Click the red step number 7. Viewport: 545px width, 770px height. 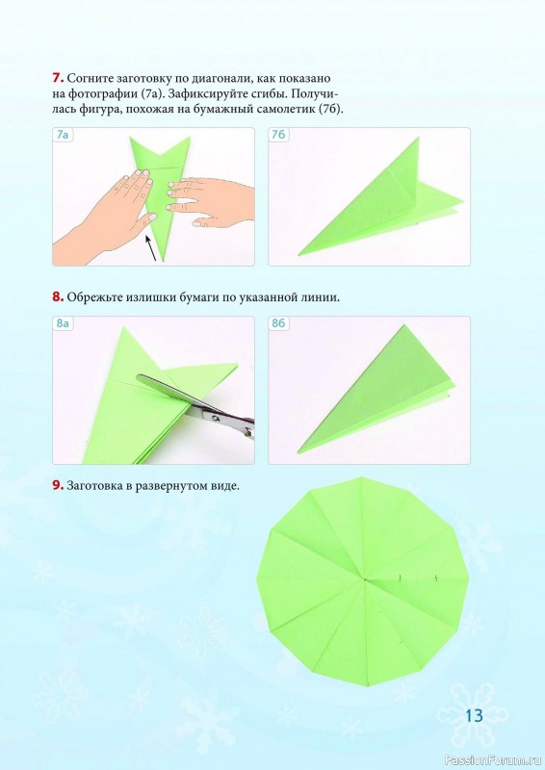point(58,78)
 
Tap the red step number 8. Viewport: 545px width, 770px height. point(58,296)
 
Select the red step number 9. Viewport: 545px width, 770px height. point(58,486)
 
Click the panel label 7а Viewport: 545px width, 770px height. point(63,135)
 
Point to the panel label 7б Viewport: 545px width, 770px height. point(278,135)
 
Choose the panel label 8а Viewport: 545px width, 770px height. point(63,323)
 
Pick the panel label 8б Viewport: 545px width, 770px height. point(278,323)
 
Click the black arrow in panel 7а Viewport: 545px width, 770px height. point(152,248)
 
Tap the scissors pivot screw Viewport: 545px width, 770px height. point(216,418)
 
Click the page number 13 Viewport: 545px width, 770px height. point(475,715)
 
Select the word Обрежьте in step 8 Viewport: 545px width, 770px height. point(96,297)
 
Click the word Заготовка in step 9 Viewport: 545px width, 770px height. point(96,486)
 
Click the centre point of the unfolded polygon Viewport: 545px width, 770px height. point(365,580)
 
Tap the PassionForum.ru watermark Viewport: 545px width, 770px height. point(492,760)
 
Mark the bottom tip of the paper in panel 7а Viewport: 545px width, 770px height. point(163,261)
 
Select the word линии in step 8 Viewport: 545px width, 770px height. point(322,297)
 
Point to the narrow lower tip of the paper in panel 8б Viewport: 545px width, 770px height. point(298,452)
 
